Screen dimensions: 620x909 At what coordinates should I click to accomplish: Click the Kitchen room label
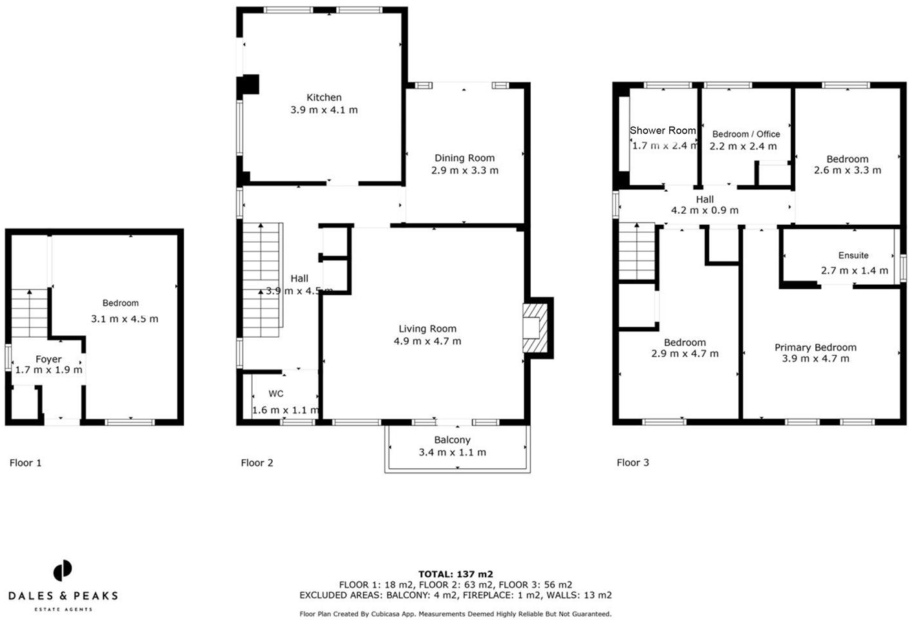click(324, 98)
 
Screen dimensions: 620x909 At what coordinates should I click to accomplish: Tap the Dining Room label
click(464, 158)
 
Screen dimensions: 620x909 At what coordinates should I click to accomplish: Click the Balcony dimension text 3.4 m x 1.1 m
click(452, 452)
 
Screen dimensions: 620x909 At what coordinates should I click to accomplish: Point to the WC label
click(276, 393)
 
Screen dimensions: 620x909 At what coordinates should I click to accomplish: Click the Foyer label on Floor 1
click(48, 359)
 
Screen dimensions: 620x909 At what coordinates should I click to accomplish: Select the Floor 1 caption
click(26, 462)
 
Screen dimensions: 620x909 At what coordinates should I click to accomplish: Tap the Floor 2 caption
click(257, 462)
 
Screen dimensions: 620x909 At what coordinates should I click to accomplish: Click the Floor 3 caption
click(632, 462)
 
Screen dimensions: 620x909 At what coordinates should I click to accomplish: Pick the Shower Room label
click(663, 130)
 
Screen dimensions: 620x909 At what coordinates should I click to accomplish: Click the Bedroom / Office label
click(746, 134)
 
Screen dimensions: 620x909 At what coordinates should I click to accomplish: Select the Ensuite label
click(853, 256)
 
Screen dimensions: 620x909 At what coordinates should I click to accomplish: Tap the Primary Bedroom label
click(815, 347)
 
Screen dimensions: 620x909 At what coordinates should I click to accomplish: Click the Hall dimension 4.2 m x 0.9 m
click(704, 211)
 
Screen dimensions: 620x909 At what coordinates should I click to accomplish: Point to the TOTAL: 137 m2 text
click(455, 574)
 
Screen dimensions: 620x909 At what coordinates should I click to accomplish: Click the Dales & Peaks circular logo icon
click(63, 571)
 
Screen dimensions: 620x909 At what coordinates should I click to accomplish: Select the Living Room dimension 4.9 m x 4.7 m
click(427, 341)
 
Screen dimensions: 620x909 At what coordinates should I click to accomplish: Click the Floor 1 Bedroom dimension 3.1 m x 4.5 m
click(124, 319)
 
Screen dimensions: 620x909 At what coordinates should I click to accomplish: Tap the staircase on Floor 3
click(637, 252)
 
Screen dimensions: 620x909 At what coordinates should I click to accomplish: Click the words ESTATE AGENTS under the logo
click(63, 609)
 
